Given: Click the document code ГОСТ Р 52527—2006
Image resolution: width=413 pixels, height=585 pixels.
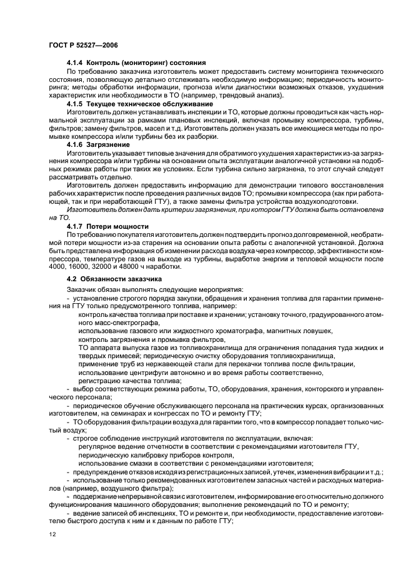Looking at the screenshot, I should point(82,46).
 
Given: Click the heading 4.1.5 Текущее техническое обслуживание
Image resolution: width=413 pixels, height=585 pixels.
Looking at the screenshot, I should point(140,102).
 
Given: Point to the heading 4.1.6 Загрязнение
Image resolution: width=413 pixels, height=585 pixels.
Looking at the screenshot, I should point(99,144).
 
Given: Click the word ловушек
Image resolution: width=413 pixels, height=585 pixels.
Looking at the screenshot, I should point(316,331).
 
